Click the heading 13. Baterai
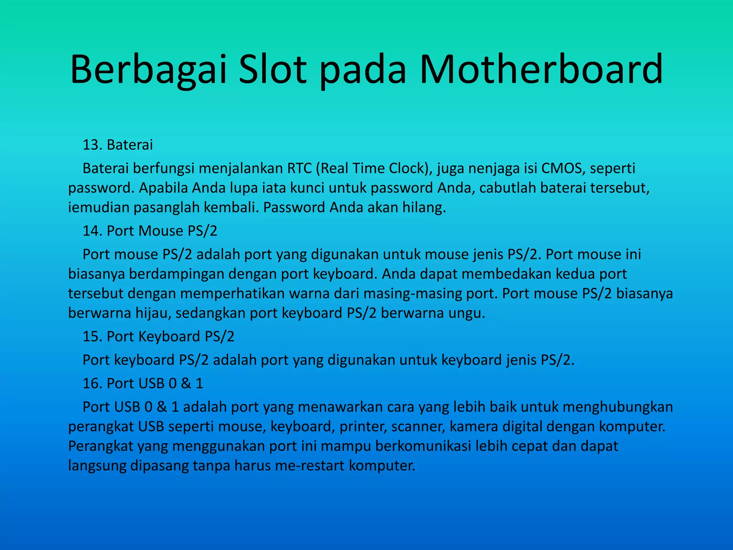(118, 145)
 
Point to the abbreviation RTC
(300, 168)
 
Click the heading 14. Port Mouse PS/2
(150, 231)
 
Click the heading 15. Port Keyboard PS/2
(159, 337)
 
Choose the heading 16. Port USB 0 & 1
(143, 383)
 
